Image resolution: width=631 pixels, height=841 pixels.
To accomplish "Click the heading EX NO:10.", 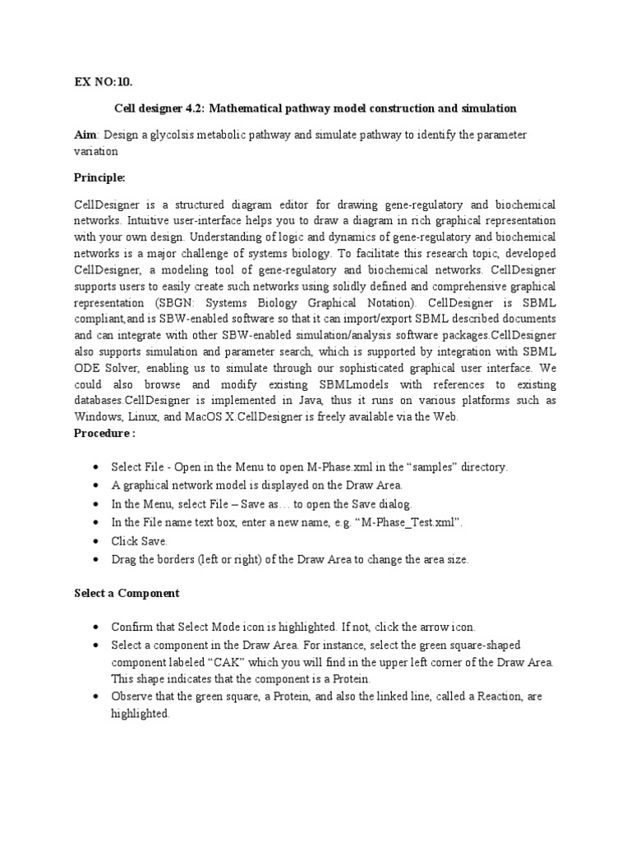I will point(103,81).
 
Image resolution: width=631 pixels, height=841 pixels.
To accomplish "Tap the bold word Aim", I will point(85,135).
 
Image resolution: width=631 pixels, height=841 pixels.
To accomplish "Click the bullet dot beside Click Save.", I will point(97,541).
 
